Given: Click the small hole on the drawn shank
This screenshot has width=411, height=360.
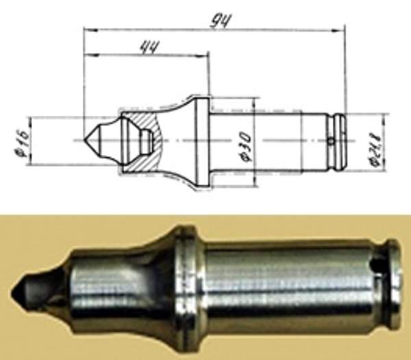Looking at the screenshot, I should [x=331, y=142].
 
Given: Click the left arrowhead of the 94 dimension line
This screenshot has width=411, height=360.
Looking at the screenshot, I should [x=88, y=29].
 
